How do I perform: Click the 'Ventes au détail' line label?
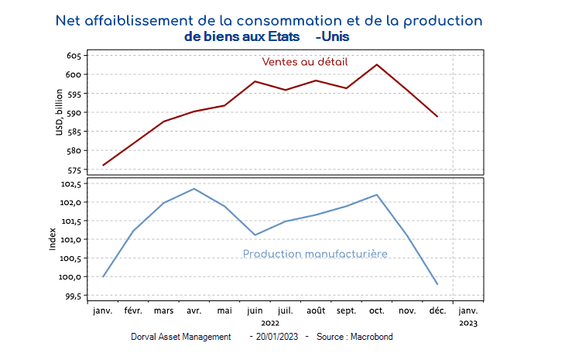tap(304, 62)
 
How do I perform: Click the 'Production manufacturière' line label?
tap(315, 254)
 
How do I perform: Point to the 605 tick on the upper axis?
tap(74, 56)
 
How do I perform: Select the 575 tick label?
tap(74, 170)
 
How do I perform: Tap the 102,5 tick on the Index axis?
tap(70, 184)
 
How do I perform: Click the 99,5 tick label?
tap(72, 296)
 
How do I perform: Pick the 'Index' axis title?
tap(53, 238)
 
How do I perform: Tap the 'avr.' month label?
tap(193, 311)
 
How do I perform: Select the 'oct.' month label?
tap(377, 311)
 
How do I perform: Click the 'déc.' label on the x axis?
tap(437, 311)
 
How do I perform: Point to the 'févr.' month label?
tap(133, 311)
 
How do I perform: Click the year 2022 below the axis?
tap(270, 323)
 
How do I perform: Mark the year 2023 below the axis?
tap(468, 323)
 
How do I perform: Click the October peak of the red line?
tap(377, 64)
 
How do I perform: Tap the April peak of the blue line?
tap(194, 189)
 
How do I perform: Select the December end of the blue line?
tap(437, 284)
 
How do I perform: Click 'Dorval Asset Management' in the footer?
tap(181, 337)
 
